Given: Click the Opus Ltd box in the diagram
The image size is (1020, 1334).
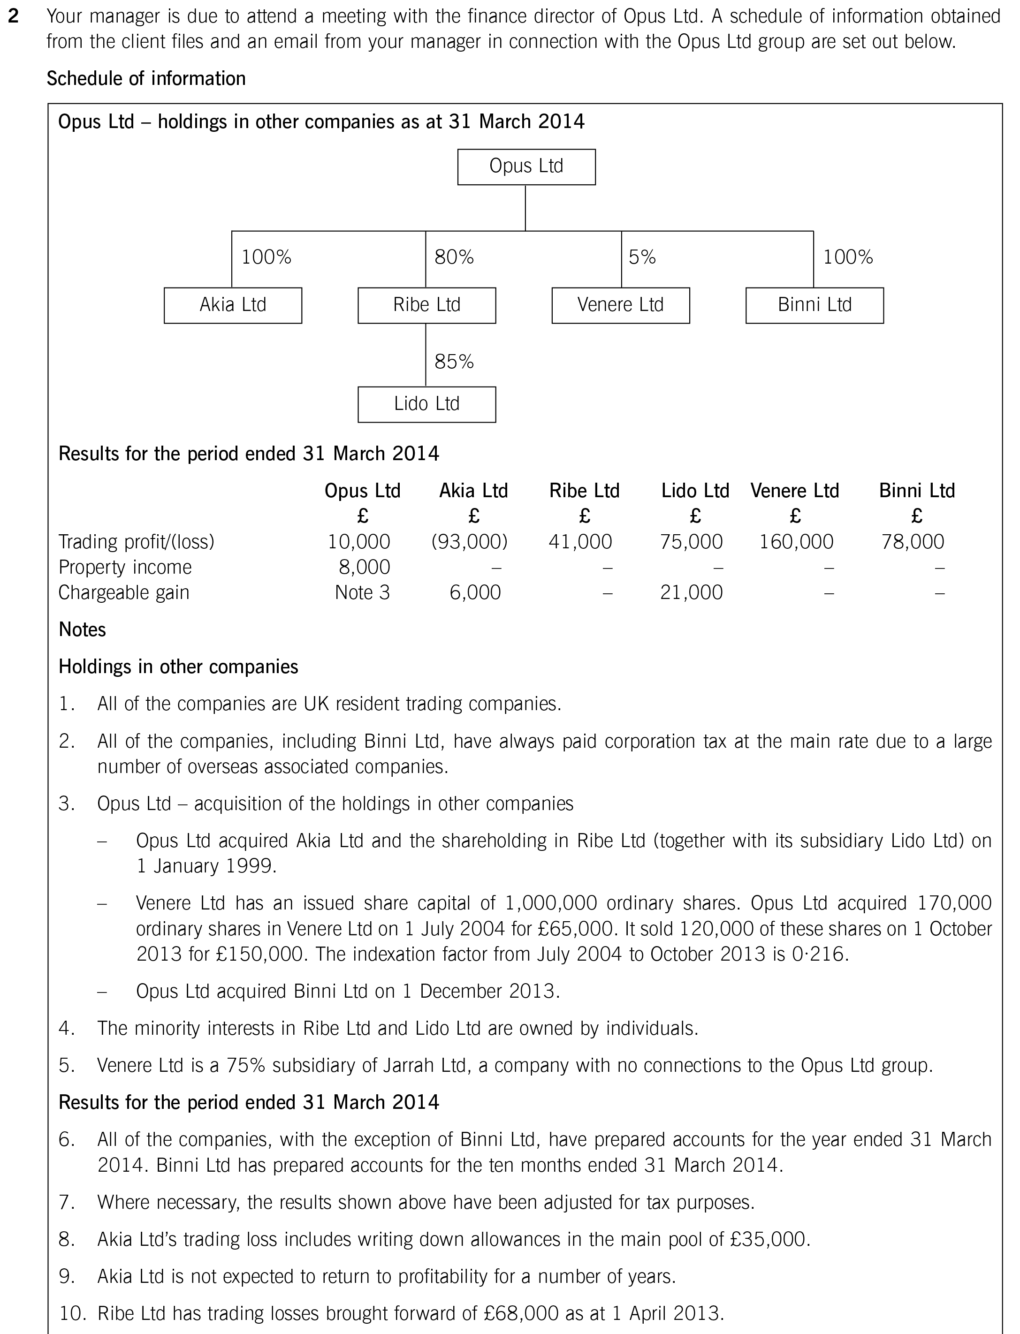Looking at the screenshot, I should [x=526, y=167].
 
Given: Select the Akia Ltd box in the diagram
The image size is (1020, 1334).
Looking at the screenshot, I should [x=233, y=305].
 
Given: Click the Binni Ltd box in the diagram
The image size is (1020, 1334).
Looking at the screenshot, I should [x=814, y=305].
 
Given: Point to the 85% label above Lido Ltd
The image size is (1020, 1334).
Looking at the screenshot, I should [x=454, y=362].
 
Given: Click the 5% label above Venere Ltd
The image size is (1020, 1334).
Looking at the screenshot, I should [x=642, y=258].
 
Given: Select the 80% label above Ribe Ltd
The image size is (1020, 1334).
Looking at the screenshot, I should [x=454, y=258].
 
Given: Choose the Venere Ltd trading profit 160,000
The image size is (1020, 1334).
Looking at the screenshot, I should [x=796, y=541].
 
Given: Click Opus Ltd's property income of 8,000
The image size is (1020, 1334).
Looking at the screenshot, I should [x=364, y=567].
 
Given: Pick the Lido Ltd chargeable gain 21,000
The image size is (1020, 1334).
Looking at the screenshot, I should [x=691, y=592].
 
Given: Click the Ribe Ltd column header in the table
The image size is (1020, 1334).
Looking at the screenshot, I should [x=584, y=490].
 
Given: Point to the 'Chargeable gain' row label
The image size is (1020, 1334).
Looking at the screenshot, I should [x=124, y=592].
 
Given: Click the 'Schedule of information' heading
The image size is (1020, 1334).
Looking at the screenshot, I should [x=146, y=79].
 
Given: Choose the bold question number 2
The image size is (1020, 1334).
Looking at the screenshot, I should [x=13, y=17].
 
